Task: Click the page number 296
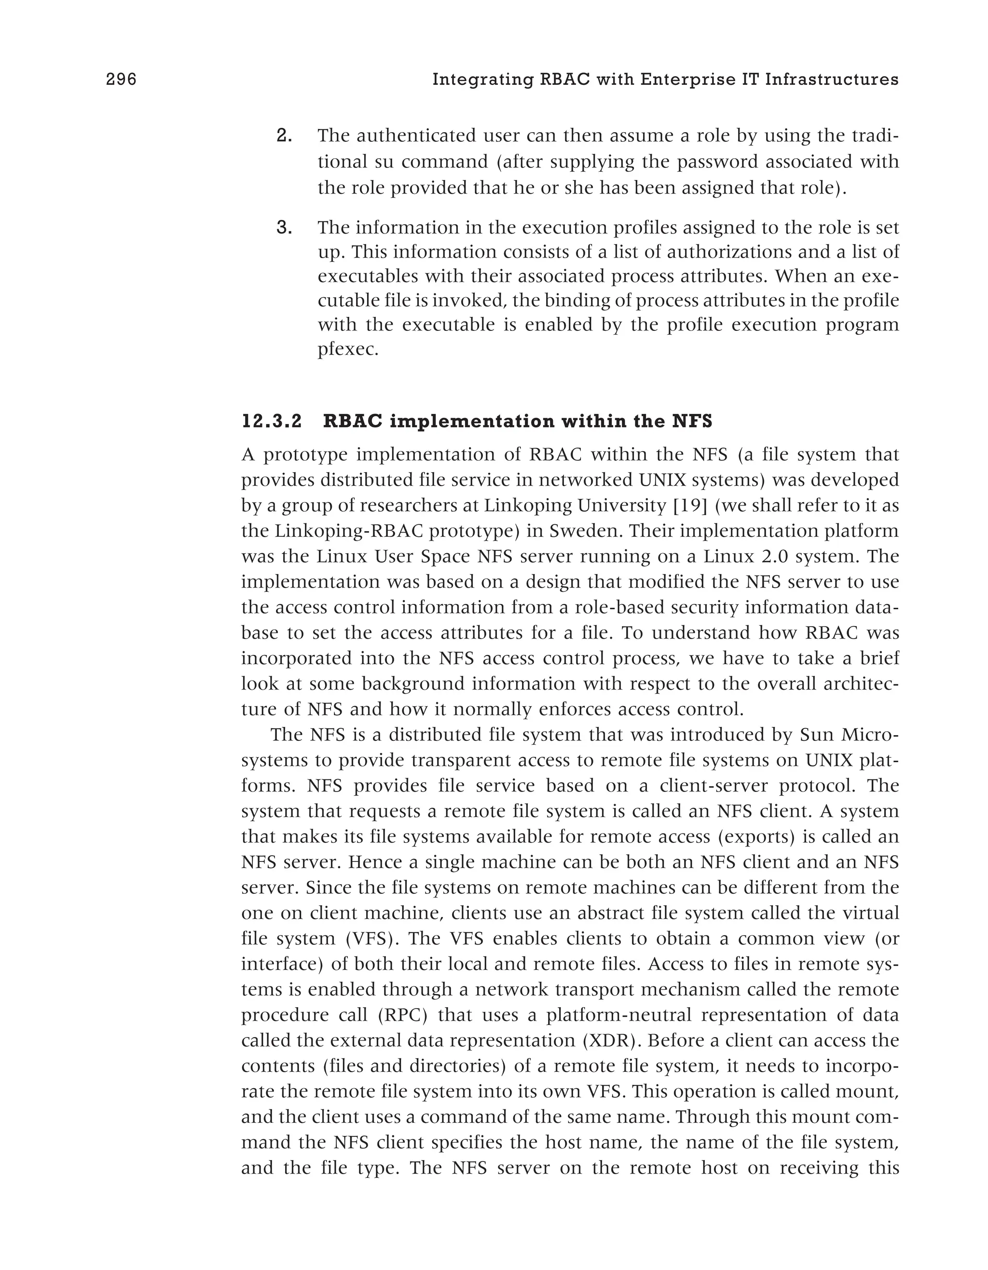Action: [121, 79]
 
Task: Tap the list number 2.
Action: [284, 136]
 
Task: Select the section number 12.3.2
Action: [272, 421]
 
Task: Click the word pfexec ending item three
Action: [347, 351]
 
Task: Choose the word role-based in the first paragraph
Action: [618, 607]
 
